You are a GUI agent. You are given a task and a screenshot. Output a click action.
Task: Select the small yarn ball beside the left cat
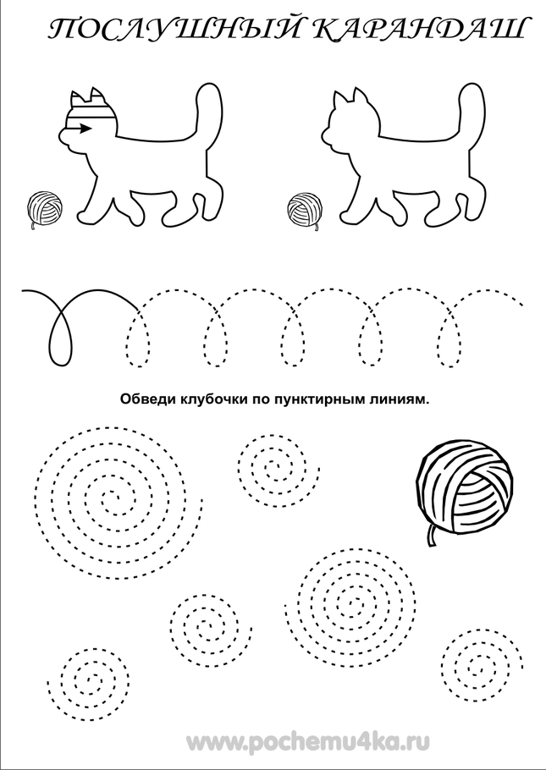pyautogui.click(x=45, y=208)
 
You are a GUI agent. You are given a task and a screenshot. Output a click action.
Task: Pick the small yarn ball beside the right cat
pyautogui.click(x=305, y=208)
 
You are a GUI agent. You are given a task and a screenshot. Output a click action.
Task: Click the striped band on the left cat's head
pyautogui.click(x=90, y=114)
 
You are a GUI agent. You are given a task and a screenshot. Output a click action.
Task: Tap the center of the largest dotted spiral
pyautogui.click(x=112, y=498)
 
